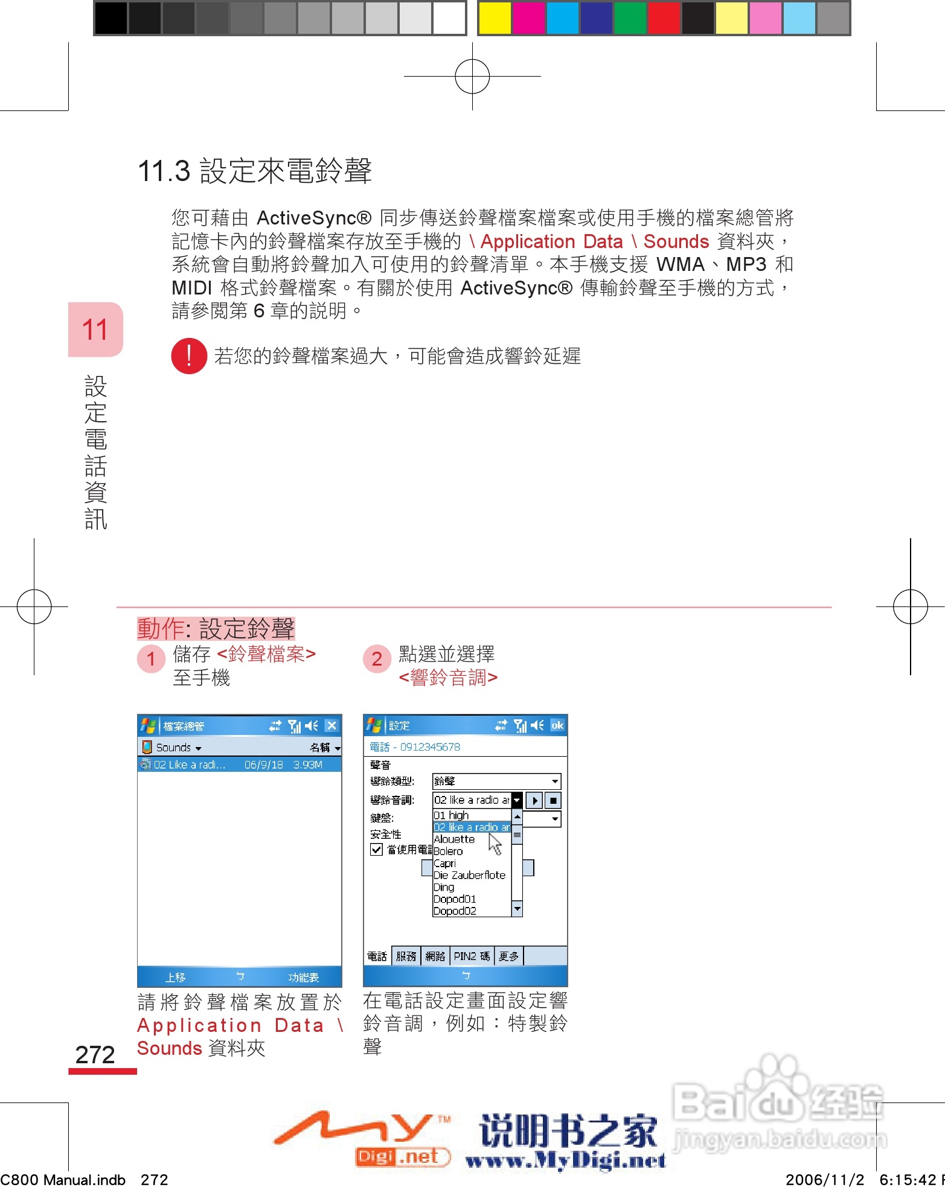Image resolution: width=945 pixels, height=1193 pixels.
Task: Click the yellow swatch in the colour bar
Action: pyautogui.click(x=495, y=18)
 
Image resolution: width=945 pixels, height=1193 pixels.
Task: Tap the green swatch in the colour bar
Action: pyautogui.click(x=630, y=18)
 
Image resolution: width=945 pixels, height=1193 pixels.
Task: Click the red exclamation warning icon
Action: pyautogui.click(x=189, y=356)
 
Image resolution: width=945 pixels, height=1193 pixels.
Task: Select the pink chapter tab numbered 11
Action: pyautogui.click(x=95, y=329)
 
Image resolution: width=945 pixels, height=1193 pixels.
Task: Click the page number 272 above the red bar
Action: pyautogui.click(x=95, y=1055)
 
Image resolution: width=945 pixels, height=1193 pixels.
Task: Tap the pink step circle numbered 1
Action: pyautogui.click(x=151, y=659)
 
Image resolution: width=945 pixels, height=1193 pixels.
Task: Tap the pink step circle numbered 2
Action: pyautogui.click(x=377, y=659)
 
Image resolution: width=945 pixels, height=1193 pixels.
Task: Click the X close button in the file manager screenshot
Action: pyautogui.click(x=332, y=725)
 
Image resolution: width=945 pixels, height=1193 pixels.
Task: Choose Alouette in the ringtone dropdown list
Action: pyautogui.click(x=455, y=839)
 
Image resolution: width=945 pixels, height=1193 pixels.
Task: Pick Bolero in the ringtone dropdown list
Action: pyautogui.click(x=449, y=851)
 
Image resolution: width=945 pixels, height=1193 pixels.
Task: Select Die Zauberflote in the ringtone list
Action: pyautogui.click(x=469, y=875)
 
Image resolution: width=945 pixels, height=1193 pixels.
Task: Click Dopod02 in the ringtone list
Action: pyautogui.click(x=455, y=911)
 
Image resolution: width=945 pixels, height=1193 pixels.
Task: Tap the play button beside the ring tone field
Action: pyautogui.click(x=534, y=800)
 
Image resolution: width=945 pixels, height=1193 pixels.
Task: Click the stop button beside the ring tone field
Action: pyautogui.click(x=553, y=800)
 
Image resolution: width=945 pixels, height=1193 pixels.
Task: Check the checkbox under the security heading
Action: pyautogui.click(x=377, y=850)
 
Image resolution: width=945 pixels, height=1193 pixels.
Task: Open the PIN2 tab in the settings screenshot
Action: pyautogui.click(x=472, y=956)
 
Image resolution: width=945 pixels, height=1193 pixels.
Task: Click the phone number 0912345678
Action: pyautogui.click(x=430, y=747)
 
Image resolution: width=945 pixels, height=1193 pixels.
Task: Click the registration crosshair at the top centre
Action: pyautogui.click(x=472, y=77)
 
